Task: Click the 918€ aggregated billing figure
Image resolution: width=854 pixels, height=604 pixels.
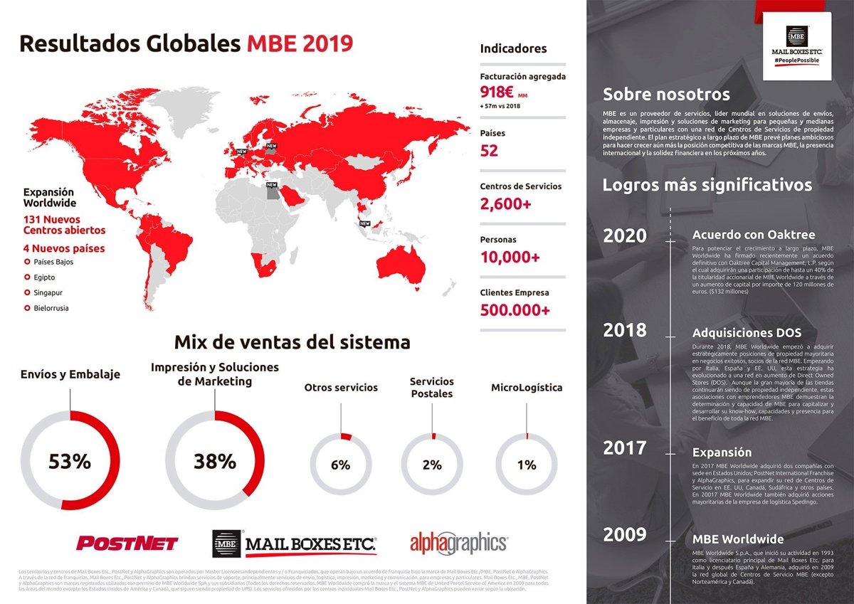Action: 497,92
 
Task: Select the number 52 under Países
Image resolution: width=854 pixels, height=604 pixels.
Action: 490,150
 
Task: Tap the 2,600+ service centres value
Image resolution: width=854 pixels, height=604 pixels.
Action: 505,204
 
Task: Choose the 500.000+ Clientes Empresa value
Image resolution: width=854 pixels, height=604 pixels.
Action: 515,310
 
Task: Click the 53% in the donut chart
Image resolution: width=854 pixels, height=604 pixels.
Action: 70,461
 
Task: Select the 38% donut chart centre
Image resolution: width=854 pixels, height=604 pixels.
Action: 214,461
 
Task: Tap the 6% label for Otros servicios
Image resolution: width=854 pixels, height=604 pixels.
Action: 341,465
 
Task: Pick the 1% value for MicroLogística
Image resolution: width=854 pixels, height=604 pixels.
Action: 527,465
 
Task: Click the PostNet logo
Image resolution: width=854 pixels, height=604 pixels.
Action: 127,544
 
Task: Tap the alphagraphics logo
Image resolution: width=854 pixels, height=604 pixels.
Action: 458,544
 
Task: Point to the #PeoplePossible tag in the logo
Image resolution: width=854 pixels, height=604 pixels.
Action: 796,61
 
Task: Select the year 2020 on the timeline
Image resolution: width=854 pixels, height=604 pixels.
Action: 625,236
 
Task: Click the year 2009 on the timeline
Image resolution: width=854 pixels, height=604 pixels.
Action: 625,535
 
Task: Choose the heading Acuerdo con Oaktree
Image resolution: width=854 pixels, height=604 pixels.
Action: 754,235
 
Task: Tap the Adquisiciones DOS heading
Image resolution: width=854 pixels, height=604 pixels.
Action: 747,332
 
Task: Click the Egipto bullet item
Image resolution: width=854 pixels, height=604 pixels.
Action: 44,277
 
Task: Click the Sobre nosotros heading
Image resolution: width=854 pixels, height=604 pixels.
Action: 666,94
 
